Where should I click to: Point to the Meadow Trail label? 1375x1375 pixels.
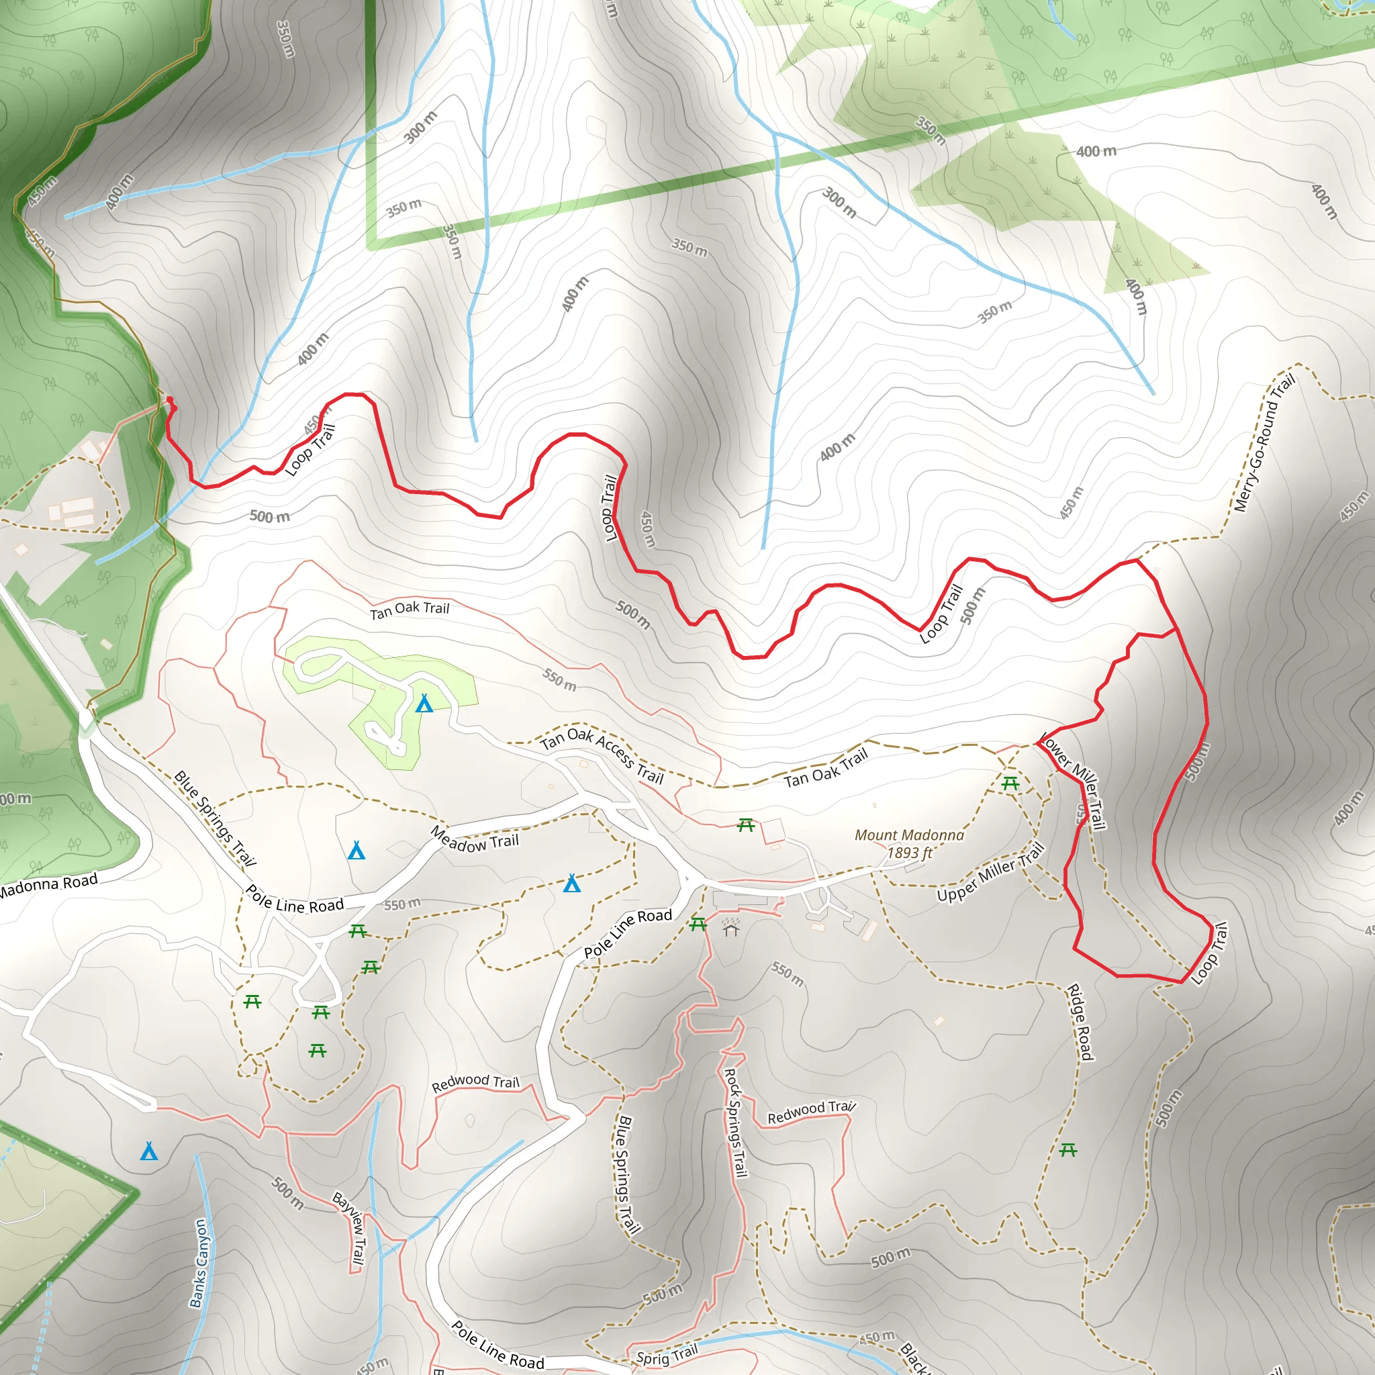pos(475,840)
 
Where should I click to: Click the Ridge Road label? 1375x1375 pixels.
pos(1080,1022)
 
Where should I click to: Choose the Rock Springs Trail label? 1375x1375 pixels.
pos(735,1123)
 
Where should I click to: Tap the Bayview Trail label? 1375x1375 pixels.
pos(350,1230)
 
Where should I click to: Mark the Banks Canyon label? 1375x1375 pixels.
pos(199,1264)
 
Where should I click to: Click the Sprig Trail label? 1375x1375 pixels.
pos(667,1355)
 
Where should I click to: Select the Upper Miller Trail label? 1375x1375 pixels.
pos(990,872)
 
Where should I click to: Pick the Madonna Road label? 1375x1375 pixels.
pos(48,886)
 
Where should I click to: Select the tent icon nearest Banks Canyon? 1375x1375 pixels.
pos(149,1151)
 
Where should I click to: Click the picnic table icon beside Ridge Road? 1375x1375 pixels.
pos(1068,1149)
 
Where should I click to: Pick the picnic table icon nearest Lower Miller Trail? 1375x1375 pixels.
pos(1010,784)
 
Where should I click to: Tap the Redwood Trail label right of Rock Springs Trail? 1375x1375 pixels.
pos(810,1112)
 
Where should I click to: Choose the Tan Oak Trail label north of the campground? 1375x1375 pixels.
pos(410,610)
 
